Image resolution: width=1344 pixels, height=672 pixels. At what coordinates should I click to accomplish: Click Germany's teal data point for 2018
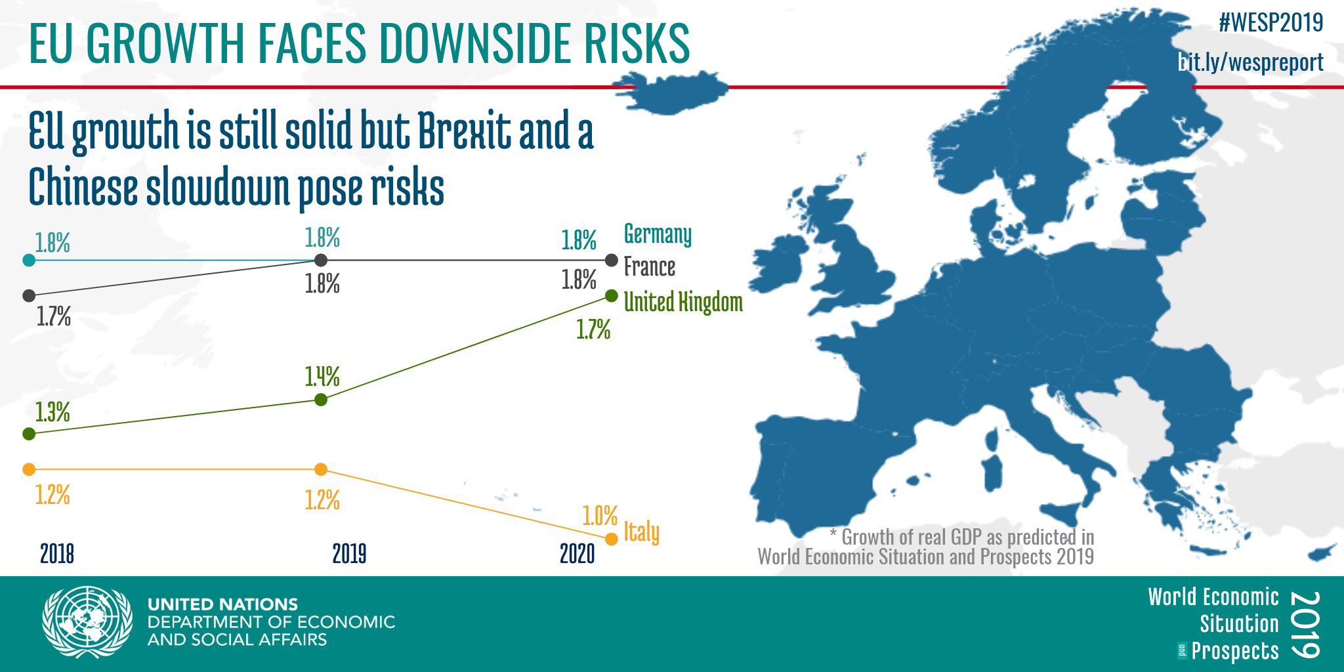[29, 260]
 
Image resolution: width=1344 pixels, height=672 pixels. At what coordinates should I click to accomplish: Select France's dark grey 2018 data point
[29, 295]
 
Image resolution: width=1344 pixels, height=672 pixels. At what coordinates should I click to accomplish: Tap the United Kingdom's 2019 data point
[321, 400]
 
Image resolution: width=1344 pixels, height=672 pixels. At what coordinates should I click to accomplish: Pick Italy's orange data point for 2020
[611, 539]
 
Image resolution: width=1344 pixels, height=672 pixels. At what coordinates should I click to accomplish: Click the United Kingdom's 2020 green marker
[611, 295]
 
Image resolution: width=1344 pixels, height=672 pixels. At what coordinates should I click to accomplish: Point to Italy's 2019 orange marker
[321, 469]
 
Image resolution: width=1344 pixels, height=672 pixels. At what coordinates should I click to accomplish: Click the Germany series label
[658, 234]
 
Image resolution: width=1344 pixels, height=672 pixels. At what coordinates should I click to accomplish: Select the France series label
[650, 266]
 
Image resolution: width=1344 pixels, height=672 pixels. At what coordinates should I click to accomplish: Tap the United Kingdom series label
[683, 302]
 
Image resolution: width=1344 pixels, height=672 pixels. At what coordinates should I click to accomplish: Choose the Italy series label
[641, 532]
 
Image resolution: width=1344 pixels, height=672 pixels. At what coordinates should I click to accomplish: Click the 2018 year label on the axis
[57, 554]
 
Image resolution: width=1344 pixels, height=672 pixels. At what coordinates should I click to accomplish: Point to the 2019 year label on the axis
[349, 554]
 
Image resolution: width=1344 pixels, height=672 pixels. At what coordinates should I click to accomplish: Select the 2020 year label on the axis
[577, 554]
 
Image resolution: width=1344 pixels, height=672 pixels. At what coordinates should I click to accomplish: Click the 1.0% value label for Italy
[600, 516]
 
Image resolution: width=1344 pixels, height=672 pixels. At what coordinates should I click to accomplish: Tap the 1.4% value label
[322, 377]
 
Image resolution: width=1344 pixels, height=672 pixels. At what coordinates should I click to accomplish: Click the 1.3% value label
[52, 412]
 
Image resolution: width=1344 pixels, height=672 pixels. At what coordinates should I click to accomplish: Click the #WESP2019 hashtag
[1271, 23]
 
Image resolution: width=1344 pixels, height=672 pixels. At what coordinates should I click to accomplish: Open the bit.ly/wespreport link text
[1251, 62]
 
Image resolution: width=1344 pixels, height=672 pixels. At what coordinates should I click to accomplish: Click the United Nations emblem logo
[87, 622]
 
